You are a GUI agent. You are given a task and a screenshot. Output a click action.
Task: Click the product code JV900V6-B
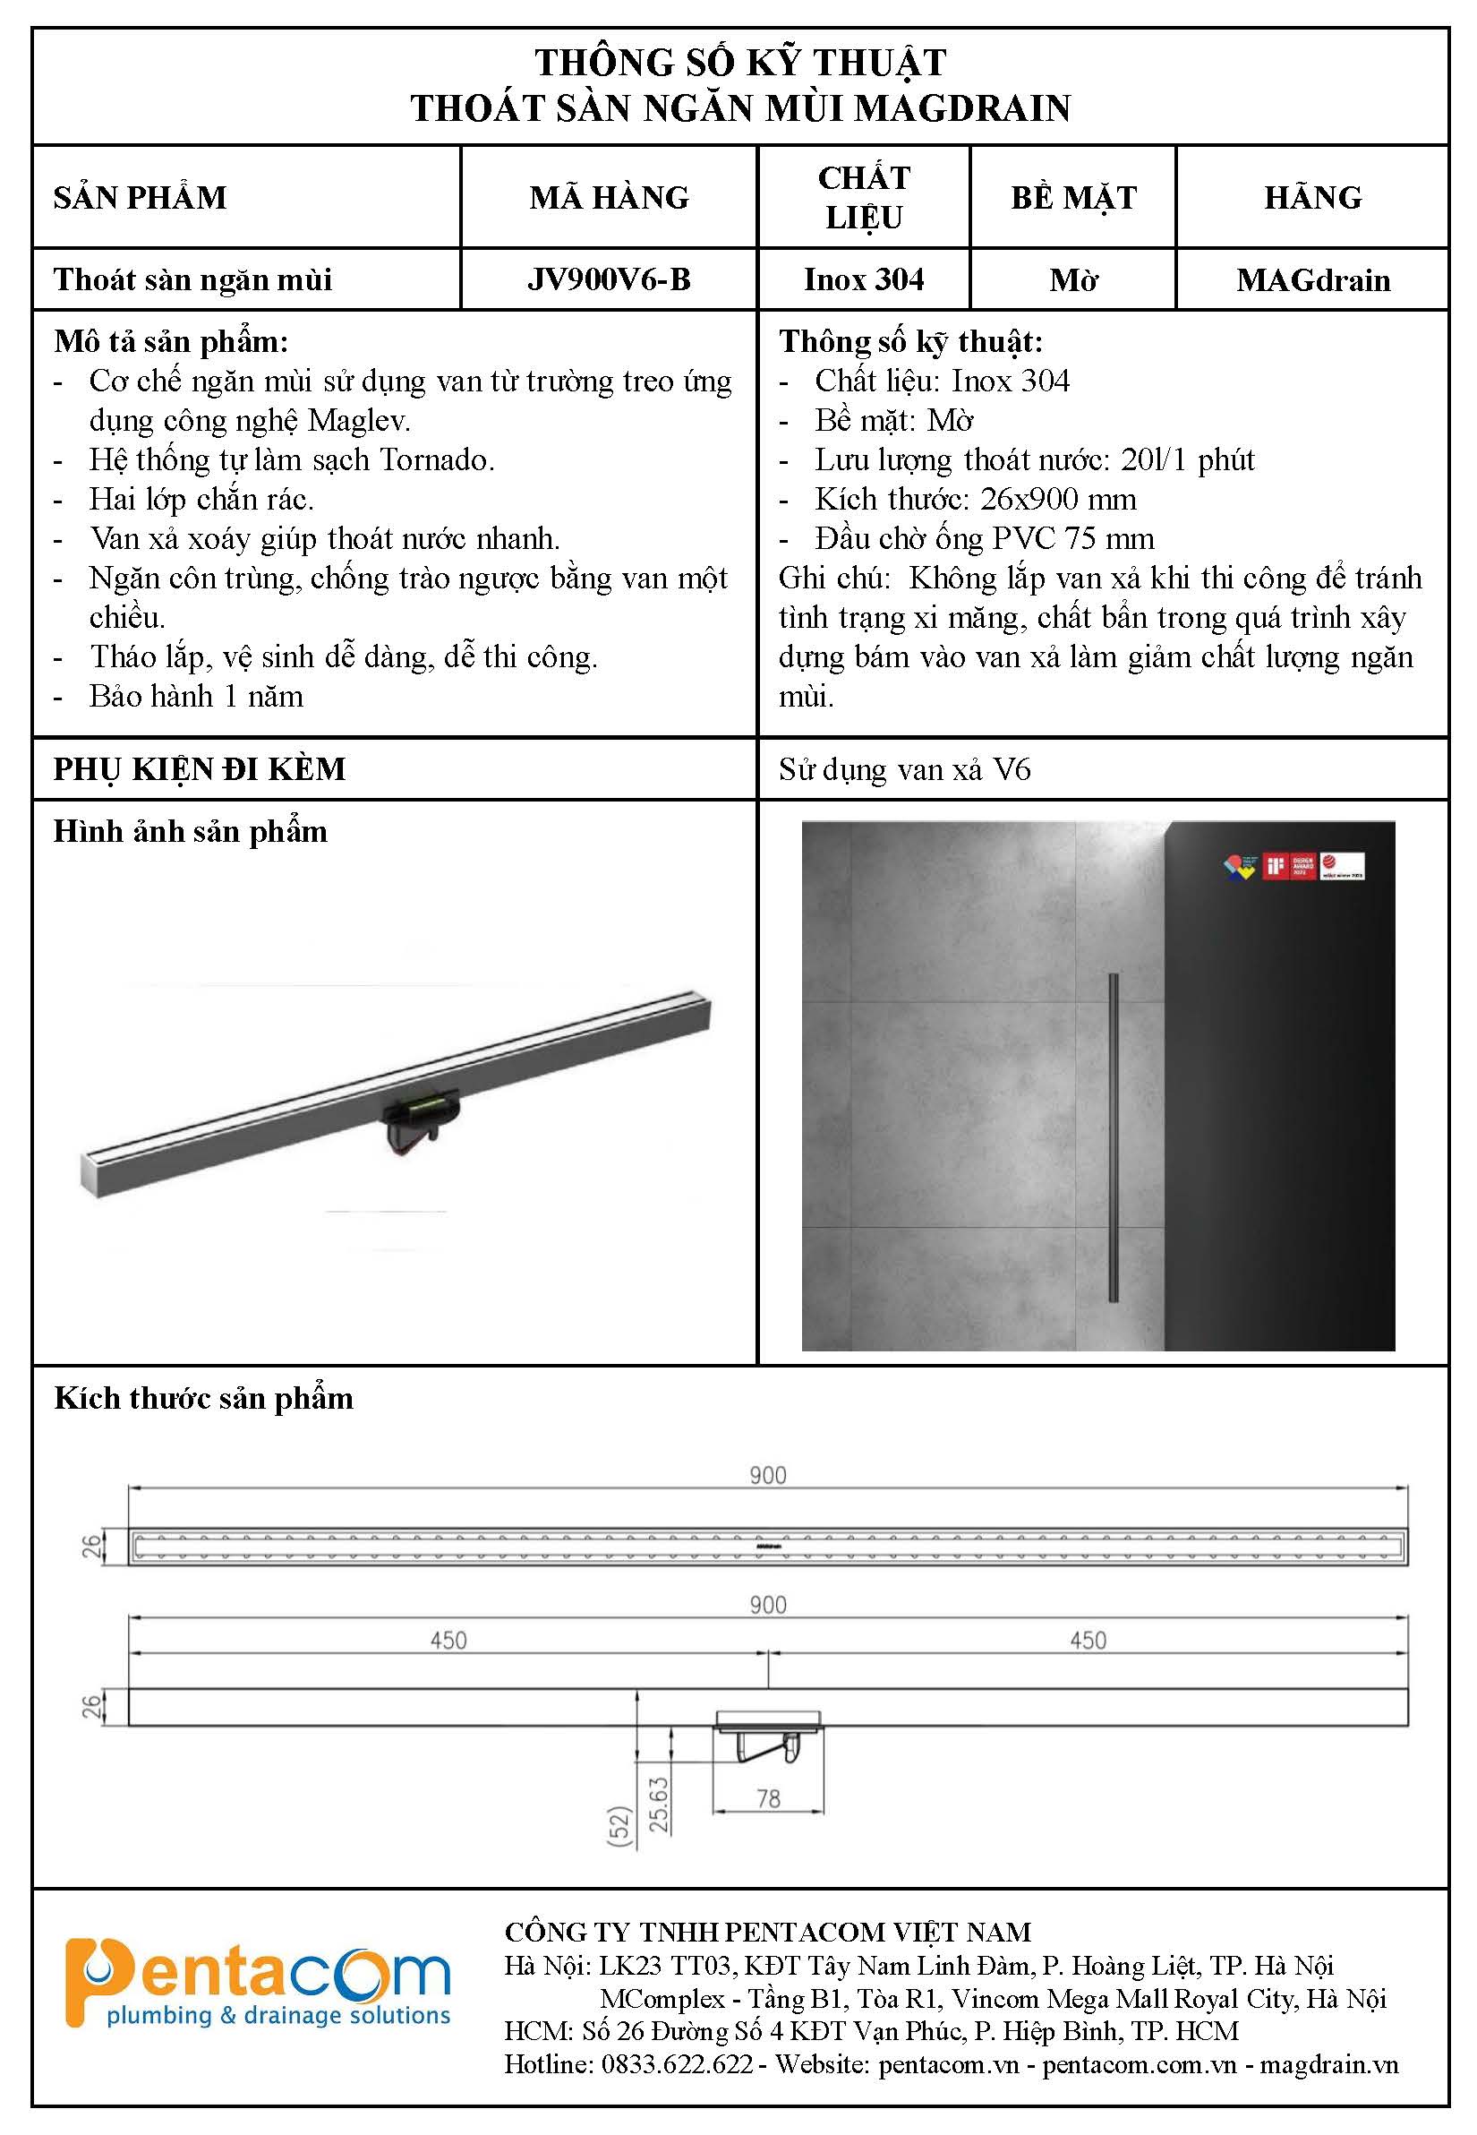609,279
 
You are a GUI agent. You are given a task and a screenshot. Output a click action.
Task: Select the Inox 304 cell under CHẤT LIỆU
864,279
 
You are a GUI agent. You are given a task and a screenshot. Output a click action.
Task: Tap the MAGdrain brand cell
1312,279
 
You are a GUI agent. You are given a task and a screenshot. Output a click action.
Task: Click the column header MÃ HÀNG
609,197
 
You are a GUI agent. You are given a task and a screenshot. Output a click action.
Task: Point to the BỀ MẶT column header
1072,197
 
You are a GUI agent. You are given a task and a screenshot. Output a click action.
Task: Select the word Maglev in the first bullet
358,421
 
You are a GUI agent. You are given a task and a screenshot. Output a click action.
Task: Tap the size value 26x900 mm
1058,500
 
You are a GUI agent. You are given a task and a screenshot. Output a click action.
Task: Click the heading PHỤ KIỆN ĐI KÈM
199,769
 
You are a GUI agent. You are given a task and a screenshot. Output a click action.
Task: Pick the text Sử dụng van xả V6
904,769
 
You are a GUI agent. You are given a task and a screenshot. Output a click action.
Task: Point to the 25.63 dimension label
658,1804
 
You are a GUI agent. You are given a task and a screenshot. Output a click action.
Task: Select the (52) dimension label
619,1827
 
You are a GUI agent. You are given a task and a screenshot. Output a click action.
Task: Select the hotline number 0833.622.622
677,2063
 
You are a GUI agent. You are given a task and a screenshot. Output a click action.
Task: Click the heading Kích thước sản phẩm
203,1398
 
